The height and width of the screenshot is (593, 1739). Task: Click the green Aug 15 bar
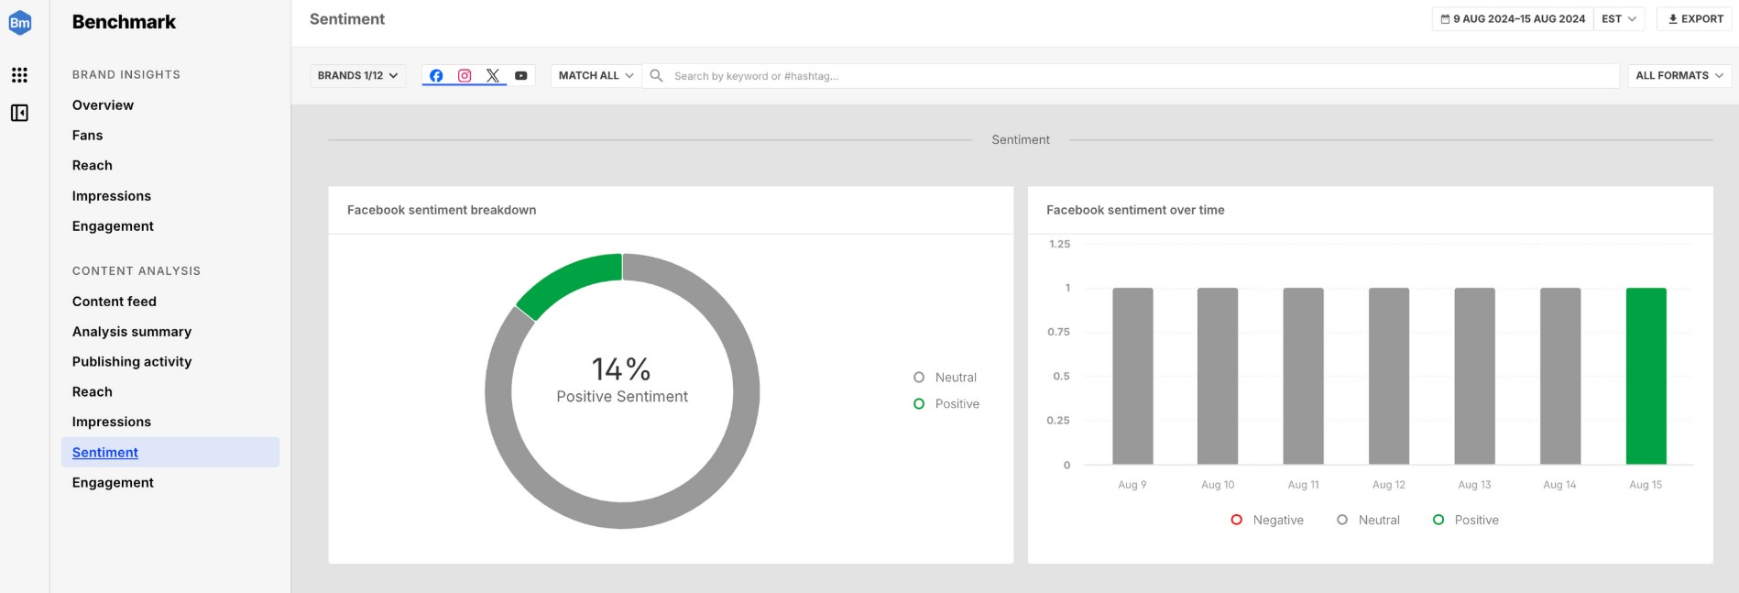pos(1646,376)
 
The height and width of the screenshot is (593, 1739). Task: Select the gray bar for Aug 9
pos(1132,376)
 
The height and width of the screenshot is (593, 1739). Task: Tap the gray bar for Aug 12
pos(1388,376)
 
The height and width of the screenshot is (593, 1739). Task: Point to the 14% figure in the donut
pos(621,368)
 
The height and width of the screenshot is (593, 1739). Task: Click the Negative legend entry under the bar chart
pos(1268,520)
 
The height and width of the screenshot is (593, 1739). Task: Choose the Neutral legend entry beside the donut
pos(946,378)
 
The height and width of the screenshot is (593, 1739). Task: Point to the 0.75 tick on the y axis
pos(1058,332)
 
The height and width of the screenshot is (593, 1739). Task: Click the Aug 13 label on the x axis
pos(1474,485)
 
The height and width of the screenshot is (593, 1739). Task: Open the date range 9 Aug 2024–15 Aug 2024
pos(1513,19)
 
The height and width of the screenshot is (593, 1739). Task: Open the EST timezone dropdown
pos(1619,19)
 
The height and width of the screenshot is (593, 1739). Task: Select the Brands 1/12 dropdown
pos(357,75)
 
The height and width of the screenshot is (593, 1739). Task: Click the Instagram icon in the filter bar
pos(465,75)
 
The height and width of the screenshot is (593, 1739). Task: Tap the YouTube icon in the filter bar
pos(520,75)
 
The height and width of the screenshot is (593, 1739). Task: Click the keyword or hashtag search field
pos(1136,76)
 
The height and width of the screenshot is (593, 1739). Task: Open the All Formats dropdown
pos(1679,75)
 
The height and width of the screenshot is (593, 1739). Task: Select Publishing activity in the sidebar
pos(132,362)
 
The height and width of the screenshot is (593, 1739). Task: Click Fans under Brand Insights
pos(88,136)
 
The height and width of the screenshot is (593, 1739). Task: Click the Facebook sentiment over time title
pos(1135,210)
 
